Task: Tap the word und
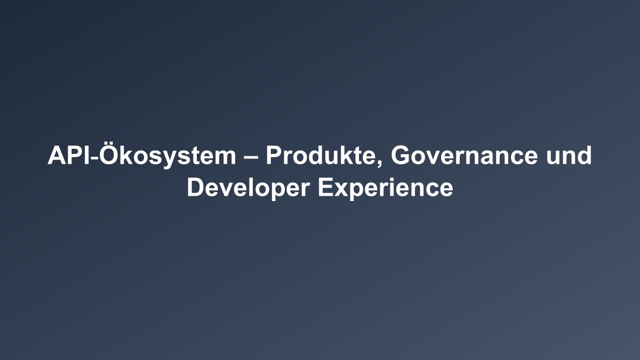pyautogui.click(x=569, y=156)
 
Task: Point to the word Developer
pyautogui.click(x=249, y=187)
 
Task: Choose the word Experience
pyautogui.click(x=386, y=187)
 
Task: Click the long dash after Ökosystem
pyautogui.click(x=251, y=158)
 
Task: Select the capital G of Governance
pyautogui.click(x=401, y=156)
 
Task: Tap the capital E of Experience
pyautogui.click(x=326, y=187)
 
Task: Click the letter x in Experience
pyautogui.click(x=341, y=190)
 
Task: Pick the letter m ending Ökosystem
pyautogui.click(x=226, y=158)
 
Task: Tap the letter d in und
pyautogui.click(x=584, y=156)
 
